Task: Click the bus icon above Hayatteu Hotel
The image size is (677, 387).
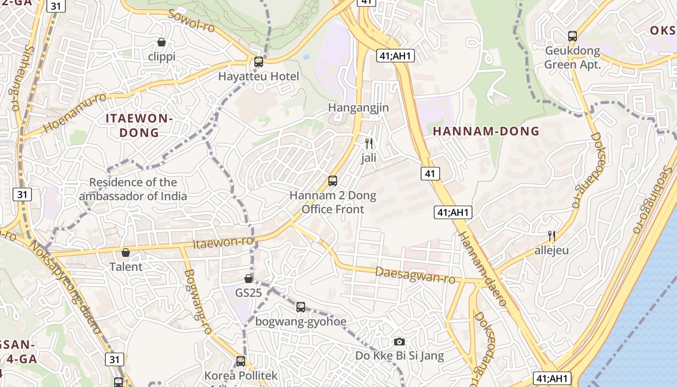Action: point(259,62)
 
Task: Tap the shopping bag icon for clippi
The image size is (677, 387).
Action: point(162,43)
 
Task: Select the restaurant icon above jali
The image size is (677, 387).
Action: point(369,143)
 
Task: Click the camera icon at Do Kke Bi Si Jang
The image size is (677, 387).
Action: point(399,342)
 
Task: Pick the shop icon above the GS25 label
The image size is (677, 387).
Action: point(249,279)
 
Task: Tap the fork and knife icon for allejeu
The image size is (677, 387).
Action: point(551,236)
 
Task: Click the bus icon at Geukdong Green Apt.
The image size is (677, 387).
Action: point(573,36)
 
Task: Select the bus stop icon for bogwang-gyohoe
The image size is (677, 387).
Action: point(301,307)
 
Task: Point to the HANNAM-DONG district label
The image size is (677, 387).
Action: point(486,131)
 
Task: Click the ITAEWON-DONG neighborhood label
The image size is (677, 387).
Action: point(139,125)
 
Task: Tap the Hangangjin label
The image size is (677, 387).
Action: point(358,107)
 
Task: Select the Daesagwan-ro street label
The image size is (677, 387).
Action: point(415,275)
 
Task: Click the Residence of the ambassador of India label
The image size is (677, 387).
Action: point(133,189)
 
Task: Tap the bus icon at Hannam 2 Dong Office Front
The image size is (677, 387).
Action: point(333,181)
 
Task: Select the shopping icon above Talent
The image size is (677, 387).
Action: point(126,253)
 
